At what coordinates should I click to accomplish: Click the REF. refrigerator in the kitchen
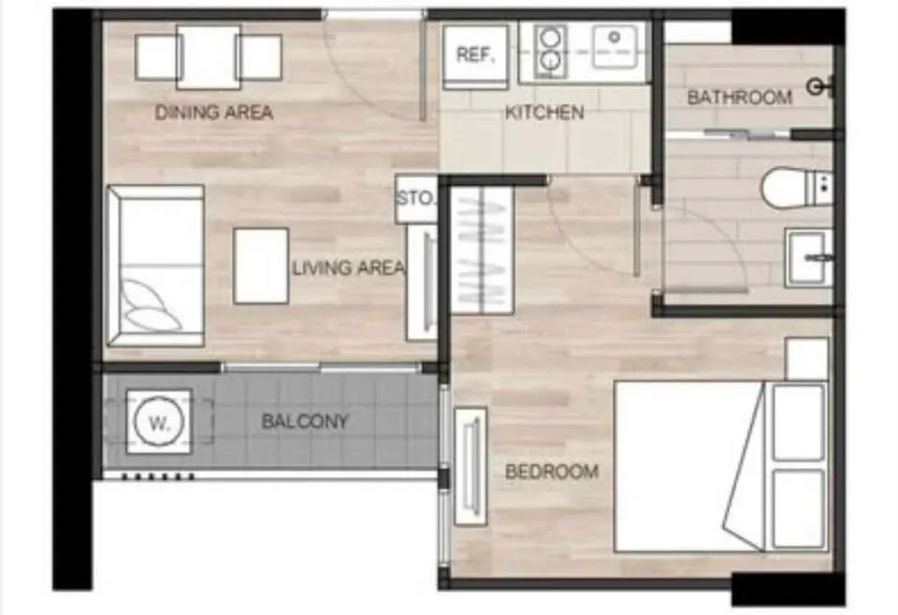point(475,56)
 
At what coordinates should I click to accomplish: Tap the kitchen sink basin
point(615,47)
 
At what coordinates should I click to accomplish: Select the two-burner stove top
point(550,50)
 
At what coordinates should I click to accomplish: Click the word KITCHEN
point(544,113)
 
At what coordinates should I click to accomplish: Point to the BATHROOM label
point(739,97)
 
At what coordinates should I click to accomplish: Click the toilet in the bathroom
point(796,187)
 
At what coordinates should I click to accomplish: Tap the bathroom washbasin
point(809,257)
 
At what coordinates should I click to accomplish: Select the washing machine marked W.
point(159,422)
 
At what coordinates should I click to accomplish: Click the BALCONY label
point(305,422)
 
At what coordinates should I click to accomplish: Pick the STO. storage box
point(416,199)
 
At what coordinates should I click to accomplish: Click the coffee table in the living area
point(261,266)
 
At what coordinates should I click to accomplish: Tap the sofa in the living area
point(156,266)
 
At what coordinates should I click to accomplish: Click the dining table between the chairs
point(209,57)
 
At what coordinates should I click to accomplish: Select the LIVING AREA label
point(348,267)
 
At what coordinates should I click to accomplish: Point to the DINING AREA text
point(213,112)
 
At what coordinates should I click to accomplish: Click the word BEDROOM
point(552,472)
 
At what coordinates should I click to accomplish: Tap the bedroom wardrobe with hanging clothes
point(483,250)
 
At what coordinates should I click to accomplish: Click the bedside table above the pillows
point(807,359)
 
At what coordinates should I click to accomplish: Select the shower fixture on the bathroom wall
point(820,87)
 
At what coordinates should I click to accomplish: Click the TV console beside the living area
point(423,282)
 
